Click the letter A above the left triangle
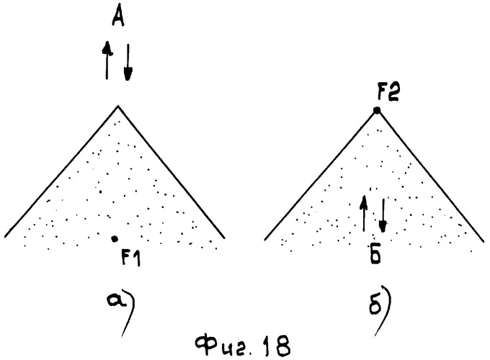coord(118,17)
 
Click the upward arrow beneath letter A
coord(107,60)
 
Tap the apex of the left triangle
coord(117,106)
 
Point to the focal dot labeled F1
coord(115,239)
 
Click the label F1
coord(130,258)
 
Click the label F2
coord(388,93)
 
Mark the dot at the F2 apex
coord(377,110)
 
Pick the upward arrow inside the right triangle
coord(364,214)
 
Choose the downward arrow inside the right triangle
coord(383,215)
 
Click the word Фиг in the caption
coord(224,346)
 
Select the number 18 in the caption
coord(276,346)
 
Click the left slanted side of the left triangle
coord(61,171)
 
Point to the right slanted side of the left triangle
coord(171,172)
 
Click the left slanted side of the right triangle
coord(321,175)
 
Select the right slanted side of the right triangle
coord(431,176)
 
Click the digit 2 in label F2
coord(393,93)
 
